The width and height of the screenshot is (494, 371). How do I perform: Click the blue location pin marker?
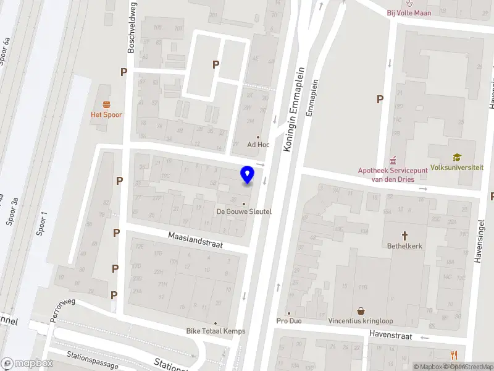(248, 175)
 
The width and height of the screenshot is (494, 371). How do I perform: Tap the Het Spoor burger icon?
(106, 104)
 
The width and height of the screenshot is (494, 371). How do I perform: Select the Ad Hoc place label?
(259, 145)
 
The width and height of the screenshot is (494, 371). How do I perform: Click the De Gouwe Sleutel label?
(244, 211)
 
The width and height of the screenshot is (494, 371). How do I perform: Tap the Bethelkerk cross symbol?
(405, 235)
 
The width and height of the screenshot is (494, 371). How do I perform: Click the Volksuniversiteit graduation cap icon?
(456, 157)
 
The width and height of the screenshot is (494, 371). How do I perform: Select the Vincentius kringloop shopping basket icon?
(361, 311)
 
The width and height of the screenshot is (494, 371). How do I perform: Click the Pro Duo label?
(289, 322)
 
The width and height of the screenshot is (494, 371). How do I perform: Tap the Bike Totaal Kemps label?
(216, 331)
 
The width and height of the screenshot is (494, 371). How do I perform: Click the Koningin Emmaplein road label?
(295, 109)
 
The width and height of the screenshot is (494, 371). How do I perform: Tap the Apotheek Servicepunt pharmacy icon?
(391, 160)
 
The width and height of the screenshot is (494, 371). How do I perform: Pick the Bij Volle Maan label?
(409, 12)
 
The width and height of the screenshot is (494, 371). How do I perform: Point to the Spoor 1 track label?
(43, 229)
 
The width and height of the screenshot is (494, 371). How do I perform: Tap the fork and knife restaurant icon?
(454, 354)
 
